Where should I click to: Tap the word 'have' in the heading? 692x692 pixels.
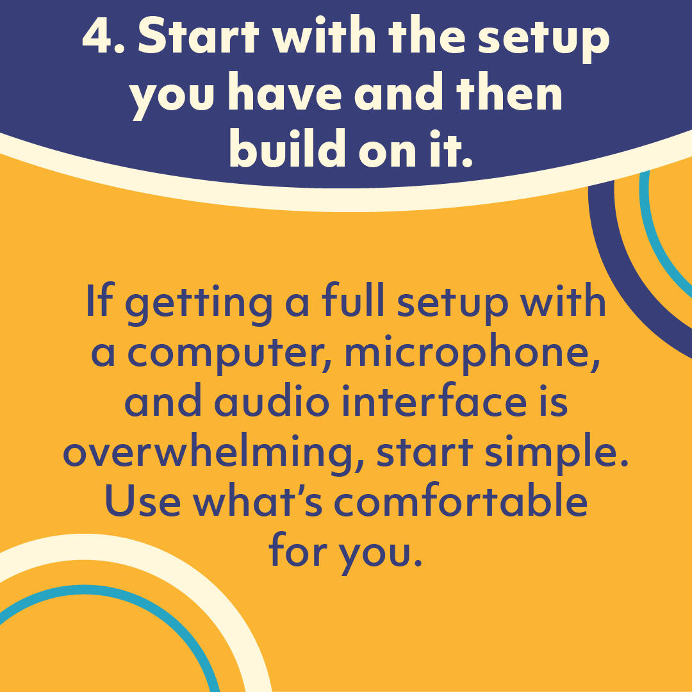click(284, 93)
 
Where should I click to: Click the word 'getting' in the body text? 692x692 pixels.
click(199, 304)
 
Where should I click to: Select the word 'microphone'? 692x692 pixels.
click(472, 352)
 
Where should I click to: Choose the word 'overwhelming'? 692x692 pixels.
click(213, 453)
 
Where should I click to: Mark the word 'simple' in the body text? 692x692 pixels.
click(556, 453)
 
